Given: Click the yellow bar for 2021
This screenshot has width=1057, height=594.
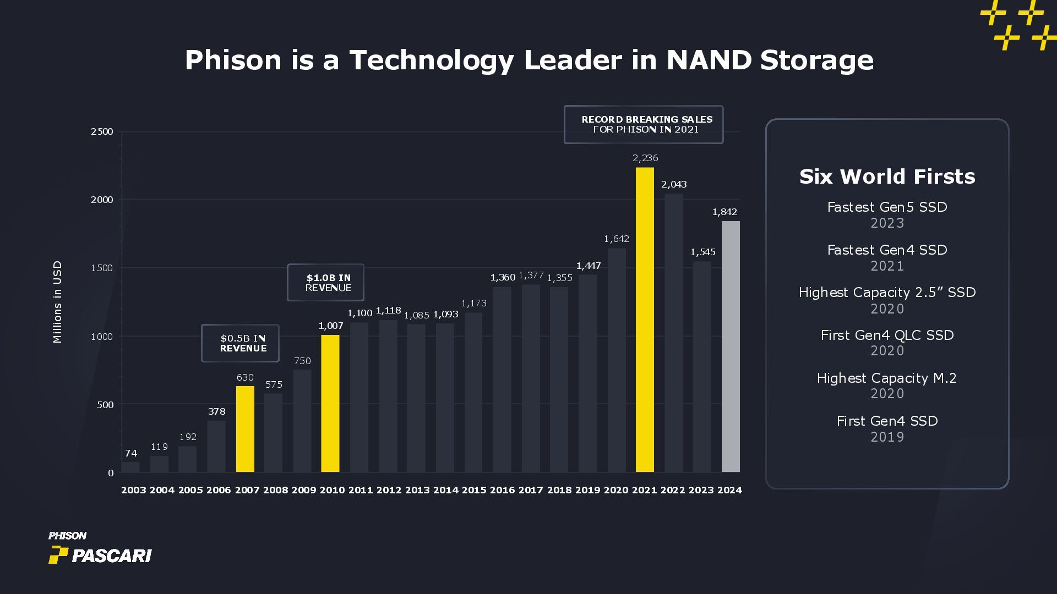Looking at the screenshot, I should click(645, 320).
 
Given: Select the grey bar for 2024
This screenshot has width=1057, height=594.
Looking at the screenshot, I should click(731, 346).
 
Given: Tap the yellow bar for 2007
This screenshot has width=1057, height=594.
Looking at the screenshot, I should click(245, 429).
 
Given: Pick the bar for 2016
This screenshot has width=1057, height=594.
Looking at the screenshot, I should click(502, 380).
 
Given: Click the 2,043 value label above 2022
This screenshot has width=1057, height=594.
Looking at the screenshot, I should click(674, 184).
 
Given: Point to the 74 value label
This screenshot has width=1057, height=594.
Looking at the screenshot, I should click(131, 453).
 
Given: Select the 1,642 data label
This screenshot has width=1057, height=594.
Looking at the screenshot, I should click(616, 239).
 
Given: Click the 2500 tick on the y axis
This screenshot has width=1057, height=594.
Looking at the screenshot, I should click(102, 131).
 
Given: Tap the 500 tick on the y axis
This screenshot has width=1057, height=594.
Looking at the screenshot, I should click(105, 405).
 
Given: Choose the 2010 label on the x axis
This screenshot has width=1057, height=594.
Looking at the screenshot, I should click(332, 490).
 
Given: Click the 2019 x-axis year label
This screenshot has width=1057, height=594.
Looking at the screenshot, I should click(587, 490).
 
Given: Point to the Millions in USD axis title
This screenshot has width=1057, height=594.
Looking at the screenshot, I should click(57, 302).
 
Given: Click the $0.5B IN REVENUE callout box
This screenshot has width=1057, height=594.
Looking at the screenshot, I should click(240, 343).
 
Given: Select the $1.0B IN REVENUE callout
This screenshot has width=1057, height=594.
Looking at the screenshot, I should click(325, 283).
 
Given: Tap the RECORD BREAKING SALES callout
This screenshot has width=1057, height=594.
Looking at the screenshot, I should click(644, 124).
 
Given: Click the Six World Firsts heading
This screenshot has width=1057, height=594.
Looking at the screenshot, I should click(887, 177).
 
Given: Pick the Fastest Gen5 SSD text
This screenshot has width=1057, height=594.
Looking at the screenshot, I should click(887, 207).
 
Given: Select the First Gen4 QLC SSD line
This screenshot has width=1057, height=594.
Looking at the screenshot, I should click(887, 335).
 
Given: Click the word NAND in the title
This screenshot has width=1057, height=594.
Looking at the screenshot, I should click(709, 60).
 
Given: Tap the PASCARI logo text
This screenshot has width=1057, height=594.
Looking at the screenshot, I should click(112, 556).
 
